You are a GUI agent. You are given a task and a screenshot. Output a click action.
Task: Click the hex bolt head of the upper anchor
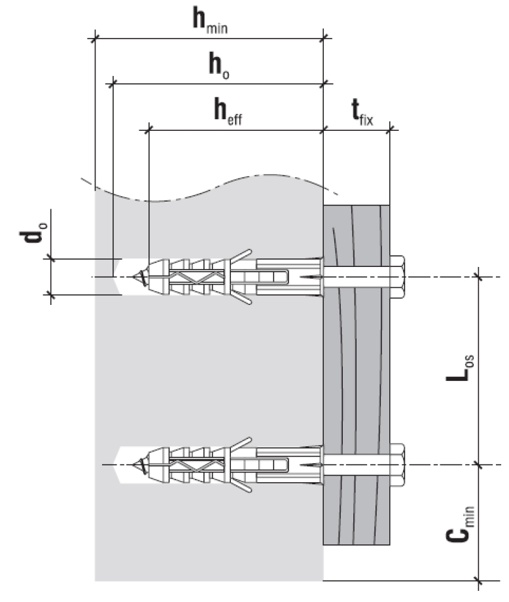[x=398, y=277]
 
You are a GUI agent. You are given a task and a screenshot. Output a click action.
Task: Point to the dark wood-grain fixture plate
[x=357, y=373]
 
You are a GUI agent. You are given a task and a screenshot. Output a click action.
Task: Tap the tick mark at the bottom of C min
[x=480, y=580]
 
